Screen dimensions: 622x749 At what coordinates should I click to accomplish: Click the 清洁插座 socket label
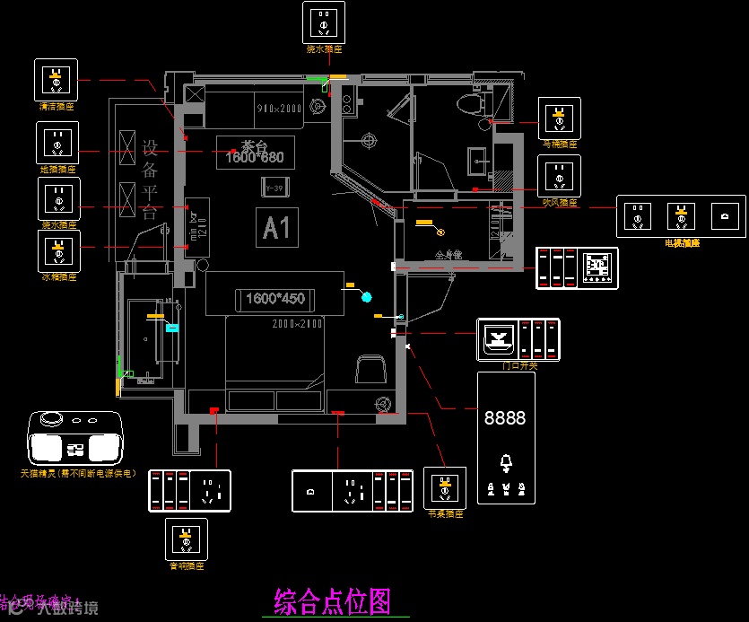point(56,106)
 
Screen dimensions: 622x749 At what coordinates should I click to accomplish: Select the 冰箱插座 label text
point(58,277)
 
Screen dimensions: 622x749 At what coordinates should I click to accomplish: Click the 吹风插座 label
point(560,203)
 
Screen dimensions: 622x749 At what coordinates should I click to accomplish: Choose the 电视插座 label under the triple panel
point(682,242)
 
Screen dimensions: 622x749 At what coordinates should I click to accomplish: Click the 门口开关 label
point(519,365)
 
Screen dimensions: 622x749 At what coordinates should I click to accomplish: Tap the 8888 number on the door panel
point(505,418)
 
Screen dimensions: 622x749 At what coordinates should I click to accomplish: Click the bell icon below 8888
point(506,463)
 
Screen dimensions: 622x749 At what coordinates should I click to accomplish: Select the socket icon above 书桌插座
point(444,487)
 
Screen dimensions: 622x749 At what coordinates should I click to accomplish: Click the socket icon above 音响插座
point(187,539)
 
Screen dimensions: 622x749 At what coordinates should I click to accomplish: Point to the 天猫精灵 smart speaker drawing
point(75,438)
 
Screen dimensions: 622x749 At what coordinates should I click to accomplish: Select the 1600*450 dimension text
point(274,298)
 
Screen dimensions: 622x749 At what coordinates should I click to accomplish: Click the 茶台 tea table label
point(256,147)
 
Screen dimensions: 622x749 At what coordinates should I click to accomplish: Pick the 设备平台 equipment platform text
point(150,180)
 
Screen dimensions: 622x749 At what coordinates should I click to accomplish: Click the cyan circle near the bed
point(366,296)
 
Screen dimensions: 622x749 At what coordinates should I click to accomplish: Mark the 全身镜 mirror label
point(448,255)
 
